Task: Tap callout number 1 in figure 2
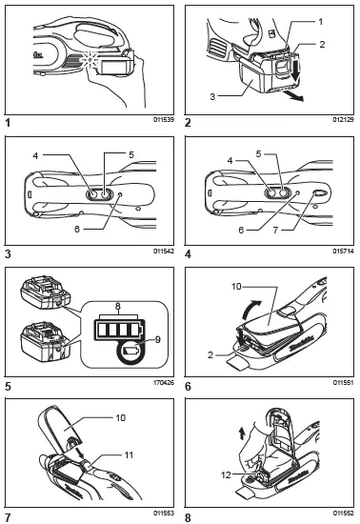click(321, 19)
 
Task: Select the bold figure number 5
click(9, 386)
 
